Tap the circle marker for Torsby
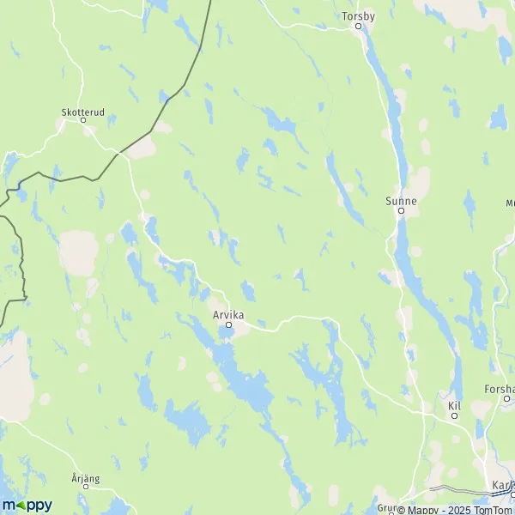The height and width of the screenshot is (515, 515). point(360,26)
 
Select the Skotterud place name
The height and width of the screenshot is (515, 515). point(82,111)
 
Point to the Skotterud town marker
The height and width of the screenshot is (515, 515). point(83,120)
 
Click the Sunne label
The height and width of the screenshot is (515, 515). point(401,201)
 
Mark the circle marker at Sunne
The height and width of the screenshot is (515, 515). point(400,210)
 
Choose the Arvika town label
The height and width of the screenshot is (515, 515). point(228,315)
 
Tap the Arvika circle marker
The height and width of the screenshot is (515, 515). point(228,324)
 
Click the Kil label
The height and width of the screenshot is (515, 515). point(455,405)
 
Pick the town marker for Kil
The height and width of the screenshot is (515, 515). point(455,415)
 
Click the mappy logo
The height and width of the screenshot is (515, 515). point(27,505)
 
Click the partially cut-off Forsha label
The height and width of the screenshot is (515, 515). point(499,389)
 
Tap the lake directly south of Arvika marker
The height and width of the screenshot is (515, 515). point(225,352)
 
